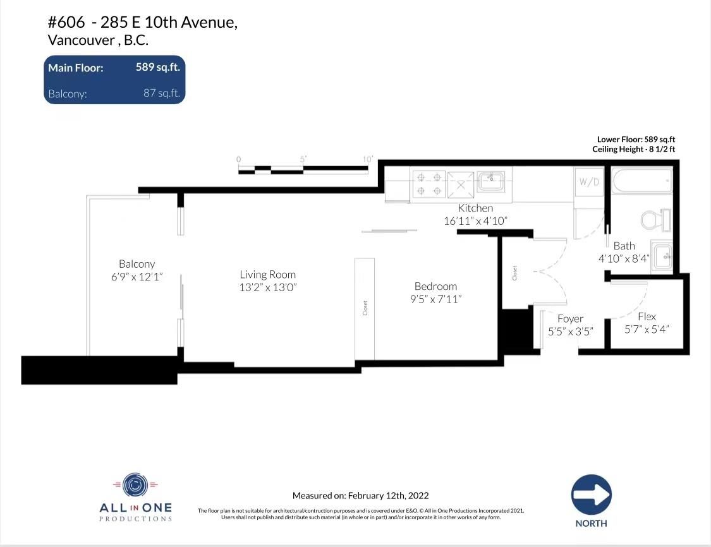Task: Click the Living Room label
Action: click(x=267, y=274)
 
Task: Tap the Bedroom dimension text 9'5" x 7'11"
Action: click(x=435, y=299)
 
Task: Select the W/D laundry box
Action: click(x=589, y=182)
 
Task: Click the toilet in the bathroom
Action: click(x=655, y=220)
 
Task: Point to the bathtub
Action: click(x=642, y=181)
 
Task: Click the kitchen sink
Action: click(x=491, y=182)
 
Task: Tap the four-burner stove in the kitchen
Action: click(x=429, y=184)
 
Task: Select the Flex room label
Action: click(x=647, y=316)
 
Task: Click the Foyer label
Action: click(x=571, y=318)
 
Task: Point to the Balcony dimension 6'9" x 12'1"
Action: click(x=137, y=277)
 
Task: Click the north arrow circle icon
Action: click(x=592, y=495)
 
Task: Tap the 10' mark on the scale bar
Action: click(x=368, y=159)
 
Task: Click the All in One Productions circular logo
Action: click(x=135, y=486)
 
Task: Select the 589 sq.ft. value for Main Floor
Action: click(x=158, y=67)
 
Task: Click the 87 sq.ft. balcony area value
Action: click(x=161, y=93)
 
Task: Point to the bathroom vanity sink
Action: click(x=662, y=256)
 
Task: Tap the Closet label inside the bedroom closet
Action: click(x=365, y=308)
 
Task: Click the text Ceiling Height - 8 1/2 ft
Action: click(x=633, y=149)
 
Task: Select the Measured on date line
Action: click(x=360, y=495)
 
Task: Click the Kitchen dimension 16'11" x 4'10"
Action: click(x=475, y=220)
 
